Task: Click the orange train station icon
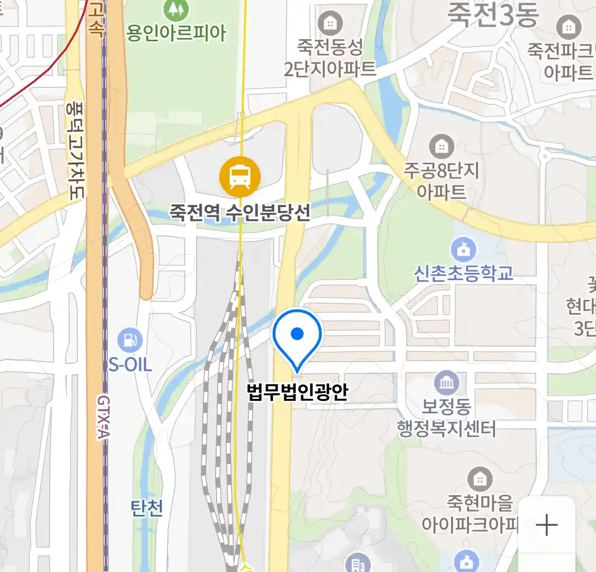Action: [x=240, y=177]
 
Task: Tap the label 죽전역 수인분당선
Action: [x=240, y=213]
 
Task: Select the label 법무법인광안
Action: [x=297, y=392]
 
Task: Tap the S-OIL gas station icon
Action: [x=130, y=340]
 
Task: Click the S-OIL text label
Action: [x=130, y=364]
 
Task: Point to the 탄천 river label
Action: [x=147, y=508]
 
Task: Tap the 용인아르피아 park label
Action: [x=176, y=33]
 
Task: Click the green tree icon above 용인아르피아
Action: [x=176, y=9]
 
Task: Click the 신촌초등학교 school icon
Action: [x=464, y=249]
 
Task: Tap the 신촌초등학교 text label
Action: [x=464, y=273]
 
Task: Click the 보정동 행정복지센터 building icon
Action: [x=447, y=382]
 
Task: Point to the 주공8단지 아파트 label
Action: [x=441, y=181]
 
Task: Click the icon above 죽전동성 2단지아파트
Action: [x=330, y=23]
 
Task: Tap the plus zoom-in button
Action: [x=547, y=525]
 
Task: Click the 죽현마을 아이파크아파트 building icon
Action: [x=480, y=480]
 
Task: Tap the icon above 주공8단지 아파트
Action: [x=441, y=146]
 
